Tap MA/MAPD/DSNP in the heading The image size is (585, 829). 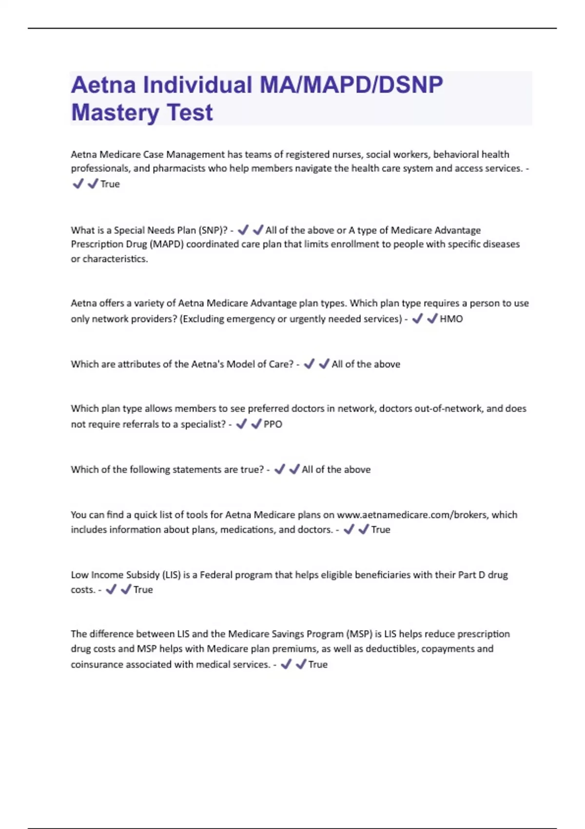click(x=351, y=85)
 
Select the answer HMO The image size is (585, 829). click(x=451, y=319)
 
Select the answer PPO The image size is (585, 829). click(x=273, y=424)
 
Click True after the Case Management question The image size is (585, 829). click(x=110, y=184)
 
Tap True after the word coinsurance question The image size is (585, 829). click(x=318, y=665)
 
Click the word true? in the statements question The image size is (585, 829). click(x=252, y=470)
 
